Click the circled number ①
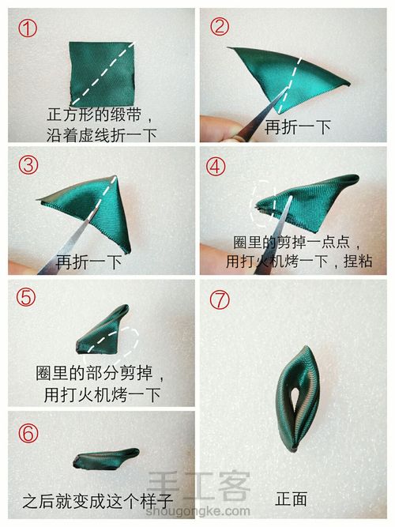coord(28,28)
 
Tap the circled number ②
coord(220,27)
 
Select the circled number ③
coord(28,164)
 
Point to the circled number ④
coord(216,166)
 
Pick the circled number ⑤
coord(26,297)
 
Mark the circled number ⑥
coord(28,432)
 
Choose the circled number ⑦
coord(220,299)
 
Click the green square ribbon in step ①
coord(102,73)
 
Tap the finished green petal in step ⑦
coord(296,399)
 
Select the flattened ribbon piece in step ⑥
coord(106,458)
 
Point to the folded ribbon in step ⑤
coord(103,329)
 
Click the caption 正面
coord(292,499)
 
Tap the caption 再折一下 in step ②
coord(298,127)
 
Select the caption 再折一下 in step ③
coord(88,262)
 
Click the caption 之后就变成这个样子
coord(98,501)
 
